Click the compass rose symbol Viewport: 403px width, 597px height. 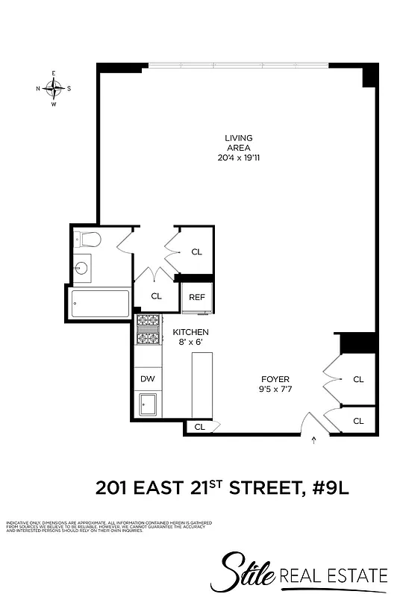click(x=54, y=89)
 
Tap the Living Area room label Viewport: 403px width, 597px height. click(x=239, y=143)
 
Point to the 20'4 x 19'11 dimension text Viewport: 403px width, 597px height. click(x=239, y=157)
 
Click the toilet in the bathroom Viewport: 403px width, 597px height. click(x=90, y=240)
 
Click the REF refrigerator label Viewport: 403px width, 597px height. click(x=197, y=297)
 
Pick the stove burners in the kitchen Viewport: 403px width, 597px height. click(x=149, y=331)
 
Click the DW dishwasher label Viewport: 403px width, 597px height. click(x=148, y=379)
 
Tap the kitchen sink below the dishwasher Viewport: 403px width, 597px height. click(x=147, y=404)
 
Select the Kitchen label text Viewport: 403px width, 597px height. click(x=190, y=332)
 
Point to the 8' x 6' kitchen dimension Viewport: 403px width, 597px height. click(x=190, y=343)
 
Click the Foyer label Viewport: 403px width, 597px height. click(x=275, y=379)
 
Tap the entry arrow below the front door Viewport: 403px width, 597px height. click(x=313, y=440)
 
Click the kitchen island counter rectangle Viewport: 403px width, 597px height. click(x=202, y=384)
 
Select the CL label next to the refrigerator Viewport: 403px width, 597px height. click(x=156, y=296)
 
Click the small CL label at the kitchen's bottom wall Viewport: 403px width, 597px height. click(x=199, y=427)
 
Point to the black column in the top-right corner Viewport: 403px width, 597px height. click(x=369, y=76)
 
